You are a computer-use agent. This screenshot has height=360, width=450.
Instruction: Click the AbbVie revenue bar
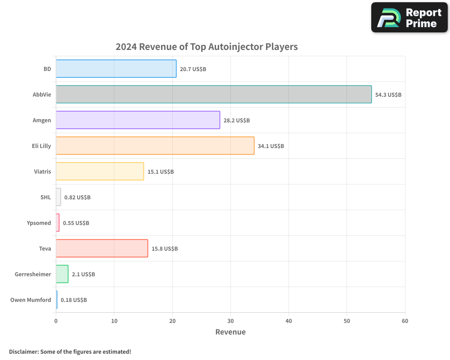pos(214,94)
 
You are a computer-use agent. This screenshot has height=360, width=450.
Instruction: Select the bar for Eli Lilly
pos(155,146)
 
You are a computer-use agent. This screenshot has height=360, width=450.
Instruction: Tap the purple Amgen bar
pos(138,120)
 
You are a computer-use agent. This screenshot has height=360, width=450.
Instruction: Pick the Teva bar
pos(102,248)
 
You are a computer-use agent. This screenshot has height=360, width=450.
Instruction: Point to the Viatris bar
pos(100,171)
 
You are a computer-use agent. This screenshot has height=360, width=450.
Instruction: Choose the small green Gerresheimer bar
pos(62,274)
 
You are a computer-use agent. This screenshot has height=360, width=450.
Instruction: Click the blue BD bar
pos(116,69)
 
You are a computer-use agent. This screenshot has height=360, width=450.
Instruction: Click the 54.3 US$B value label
pos(388,95)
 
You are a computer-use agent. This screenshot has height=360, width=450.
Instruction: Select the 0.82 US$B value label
pos(77,198)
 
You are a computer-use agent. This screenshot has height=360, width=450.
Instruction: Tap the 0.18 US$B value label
pos(74,300)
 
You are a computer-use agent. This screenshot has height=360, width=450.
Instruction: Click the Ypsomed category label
pos(39,223)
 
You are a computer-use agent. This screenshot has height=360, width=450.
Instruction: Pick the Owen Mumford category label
pos(31,300)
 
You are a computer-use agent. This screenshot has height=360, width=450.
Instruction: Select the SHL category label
pos(45,198)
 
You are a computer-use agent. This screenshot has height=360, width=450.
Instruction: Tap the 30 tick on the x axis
pos(230,321)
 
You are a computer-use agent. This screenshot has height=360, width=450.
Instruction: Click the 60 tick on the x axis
pos(405,321)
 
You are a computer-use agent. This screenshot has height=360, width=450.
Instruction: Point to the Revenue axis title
pos(230,332)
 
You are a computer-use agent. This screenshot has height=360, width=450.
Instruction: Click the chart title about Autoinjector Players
pos(207,47)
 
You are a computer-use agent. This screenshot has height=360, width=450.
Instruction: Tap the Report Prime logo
pos(409,18)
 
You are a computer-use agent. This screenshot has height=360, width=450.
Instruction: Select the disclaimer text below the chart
pos(70,351)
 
